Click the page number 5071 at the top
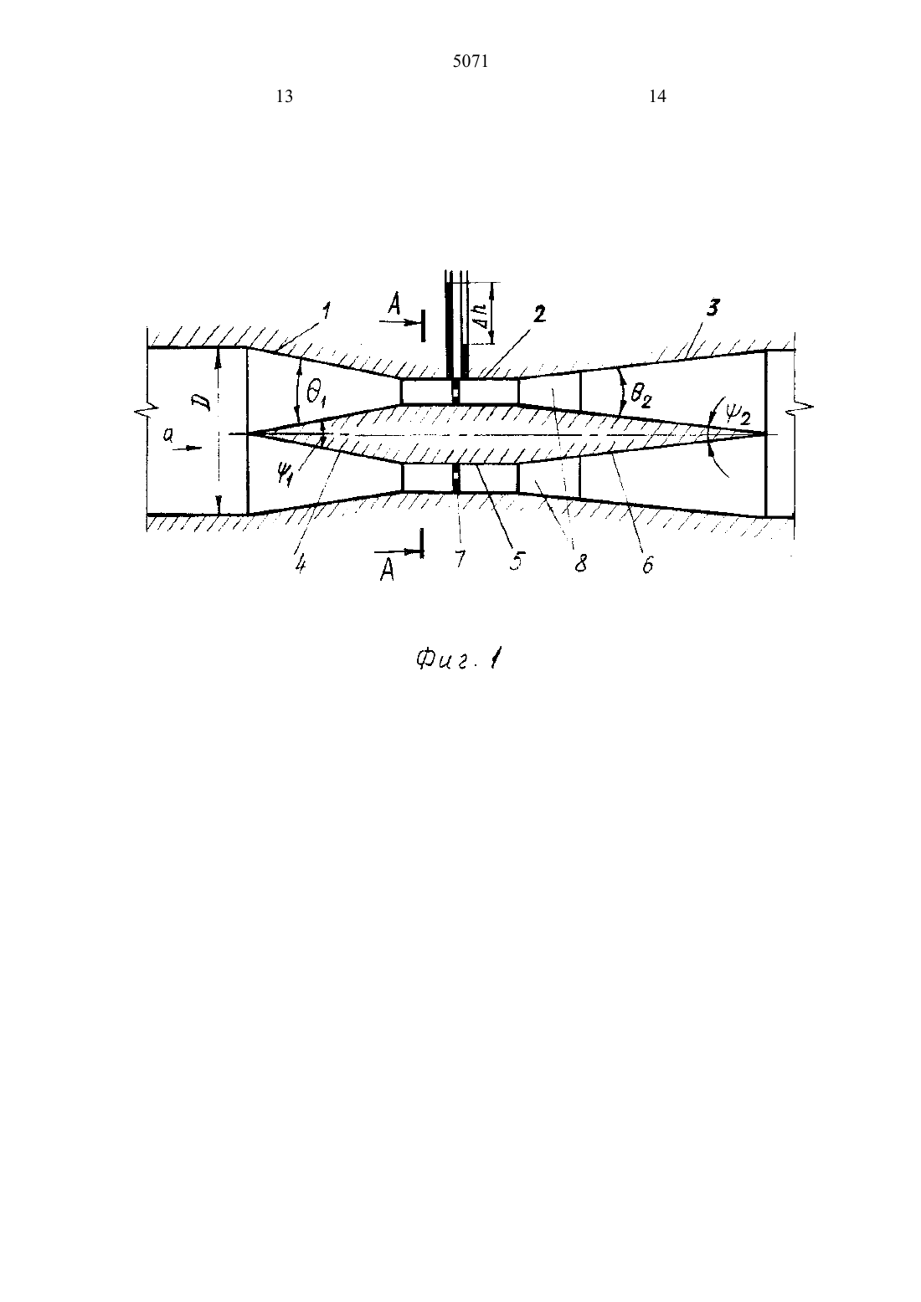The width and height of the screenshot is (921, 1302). [471, 62]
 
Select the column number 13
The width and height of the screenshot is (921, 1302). [285, 96]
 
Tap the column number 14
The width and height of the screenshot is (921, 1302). [657, 96]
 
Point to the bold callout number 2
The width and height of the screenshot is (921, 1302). [540, 315]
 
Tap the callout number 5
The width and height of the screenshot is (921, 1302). [516, 561]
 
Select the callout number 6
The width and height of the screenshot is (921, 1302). [647, 564]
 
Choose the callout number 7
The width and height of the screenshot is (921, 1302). [460, 559]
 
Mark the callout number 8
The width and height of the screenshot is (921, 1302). [580, 562]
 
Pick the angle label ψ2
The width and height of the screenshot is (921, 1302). [738, 414]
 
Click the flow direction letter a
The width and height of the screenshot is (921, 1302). [168, 436]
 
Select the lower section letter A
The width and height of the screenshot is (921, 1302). [387, 572]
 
